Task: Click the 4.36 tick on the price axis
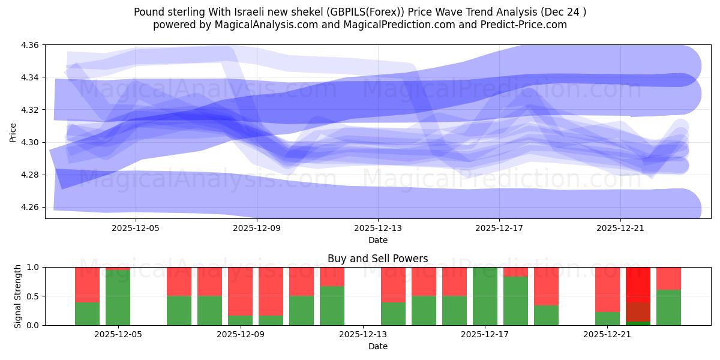(31, 46)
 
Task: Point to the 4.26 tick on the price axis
(31, 208)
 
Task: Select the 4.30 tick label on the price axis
(31, 143)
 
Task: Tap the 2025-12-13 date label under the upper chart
(378, 228)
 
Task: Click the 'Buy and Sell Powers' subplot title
(378, 259)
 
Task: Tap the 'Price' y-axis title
(13, 132)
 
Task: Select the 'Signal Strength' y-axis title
(17, 296)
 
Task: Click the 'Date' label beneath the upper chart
(378, 240)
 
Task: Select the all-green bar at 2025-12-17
(485, 296)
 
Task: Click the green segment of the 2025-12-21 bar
(607, 319)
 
